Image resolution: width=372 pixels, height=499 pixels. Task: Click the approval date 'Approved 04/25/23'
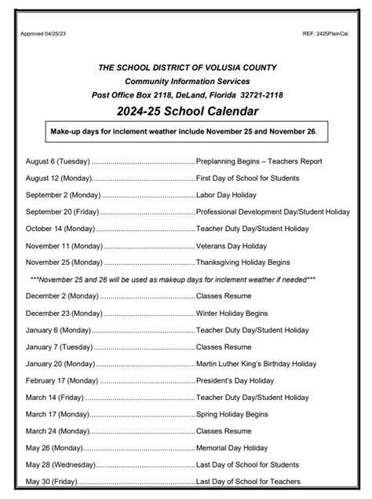(x=42, y=35)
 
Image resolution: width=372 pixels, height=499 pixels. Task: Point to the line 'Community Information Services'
(x=187, y=81)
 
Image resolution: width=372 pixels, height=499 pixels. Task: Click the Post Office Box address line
(x=187, y=94)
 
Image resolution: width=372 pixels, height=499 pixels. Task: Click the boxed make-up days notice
(x=186, y=131)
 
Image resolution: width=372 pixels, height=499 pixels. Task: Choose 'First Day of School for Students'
(x=247, y=178)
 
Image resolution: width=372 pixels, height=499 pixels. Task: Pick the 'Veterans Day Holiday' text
(x=232, y=245)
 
